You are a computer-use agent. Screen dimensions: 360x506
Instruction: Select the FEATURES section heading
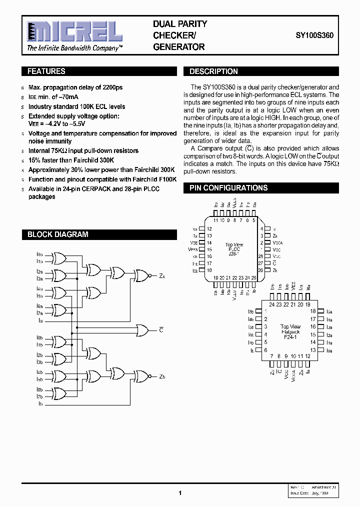coord(46,71)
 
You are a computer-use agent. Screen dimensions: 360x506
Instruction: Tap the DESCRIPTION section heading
coord(213,71)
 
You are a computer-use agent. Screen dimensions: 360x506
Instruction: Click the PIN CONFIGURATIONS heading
coord(228,188)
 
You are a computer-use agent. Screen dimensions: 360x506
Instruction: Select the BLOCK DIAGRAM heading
coord(57,234)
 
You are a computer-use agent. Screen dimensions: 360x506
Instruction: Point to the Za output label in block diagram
coord(162,275)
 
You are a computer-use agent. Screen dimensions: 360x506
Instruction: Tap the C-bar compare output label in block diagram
coord(161,330)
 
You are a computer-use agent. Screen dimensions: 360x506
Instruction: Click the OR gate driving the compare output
coord(143,330)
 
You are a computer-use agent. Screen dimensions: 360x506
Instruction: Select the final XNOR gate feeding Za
coord(141,275)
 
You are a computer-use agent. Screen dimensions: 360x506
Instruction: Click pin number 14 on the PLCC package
coord(209,242)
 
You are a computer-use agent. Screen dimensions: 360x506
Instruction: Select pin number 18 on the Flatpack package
coord(312,311)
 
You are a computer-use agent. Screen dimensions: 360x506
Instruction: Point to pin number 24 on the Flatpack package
coord(271,304)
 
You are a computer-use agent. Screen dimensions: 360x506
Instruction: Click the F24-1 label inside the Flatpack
coord(290,337)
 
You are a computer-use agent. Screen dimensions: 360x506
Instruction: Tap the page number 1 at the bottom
coord(179,493)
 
